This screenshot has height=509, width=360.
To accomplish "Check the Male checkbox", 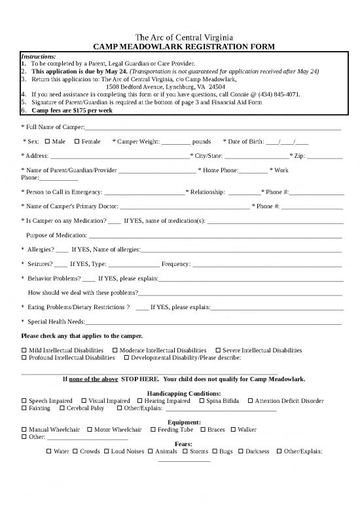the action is pos(48,141).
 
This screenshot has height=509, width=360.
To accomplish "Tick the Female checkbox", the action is pos(78,141).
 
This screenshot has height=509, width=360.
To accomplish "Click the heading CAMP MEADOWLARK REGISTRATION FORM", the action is pos(179,47).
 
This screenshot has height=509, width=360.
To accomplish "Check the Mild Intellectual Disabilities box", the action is pos(24,350).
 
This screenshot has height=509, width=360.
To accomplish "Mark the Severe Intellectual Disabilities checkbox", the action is pos(218,350).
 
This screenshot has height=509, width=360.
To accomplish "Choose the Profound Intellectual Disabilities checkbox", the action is pos(24,358).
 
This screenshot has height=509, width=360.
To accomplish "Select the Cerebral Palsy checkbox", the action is pos(62,409).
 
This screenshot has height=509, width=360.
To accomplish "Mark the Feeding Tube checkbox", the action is pos(153,430).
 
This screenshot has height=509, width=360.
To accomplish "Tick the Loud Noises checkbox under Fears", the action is pos(107,451).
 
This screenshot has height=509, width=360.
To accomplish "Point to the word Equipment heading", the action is pos(179,422).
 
